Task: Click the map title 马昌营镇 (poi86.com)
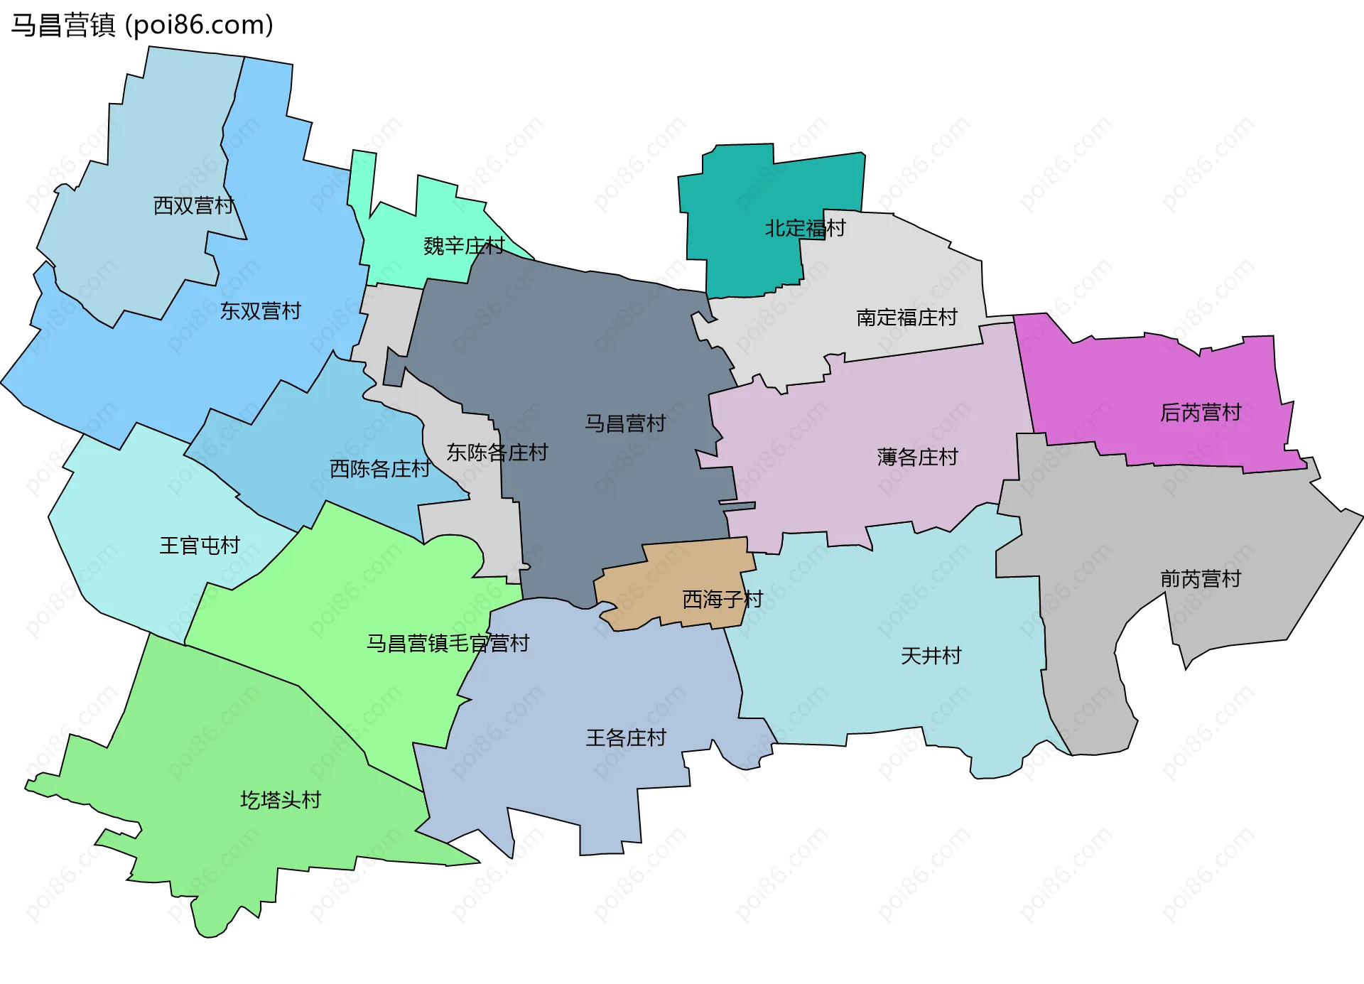click(142, 26)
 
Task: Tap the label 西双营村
click(194, 206)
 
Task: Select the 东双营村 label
click(260, 311)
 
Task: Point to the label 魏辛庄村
click(464, 247)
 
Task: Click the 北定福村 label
click(805, 229)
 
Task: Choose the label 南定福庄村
click(906, 318)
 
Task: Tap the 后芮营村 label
click(1200, 413)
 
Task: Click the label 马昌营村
click(624, 424)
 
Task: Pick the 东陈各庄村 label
click(497, 453)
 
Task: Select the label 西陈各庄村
click(380, 469)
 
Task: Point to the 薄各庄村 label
click(917, 457)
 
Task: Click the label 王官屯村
click(200, 546)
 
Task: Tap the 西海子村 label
click(722, 600)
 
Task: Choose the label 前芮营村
click(1200, 580)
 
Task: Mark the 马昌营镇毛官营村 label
click(448, 644)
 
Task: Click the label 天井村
click(931, 656)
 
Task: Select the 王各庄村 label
click(625, 738)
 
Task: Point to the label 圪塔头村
click(281, 801)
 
